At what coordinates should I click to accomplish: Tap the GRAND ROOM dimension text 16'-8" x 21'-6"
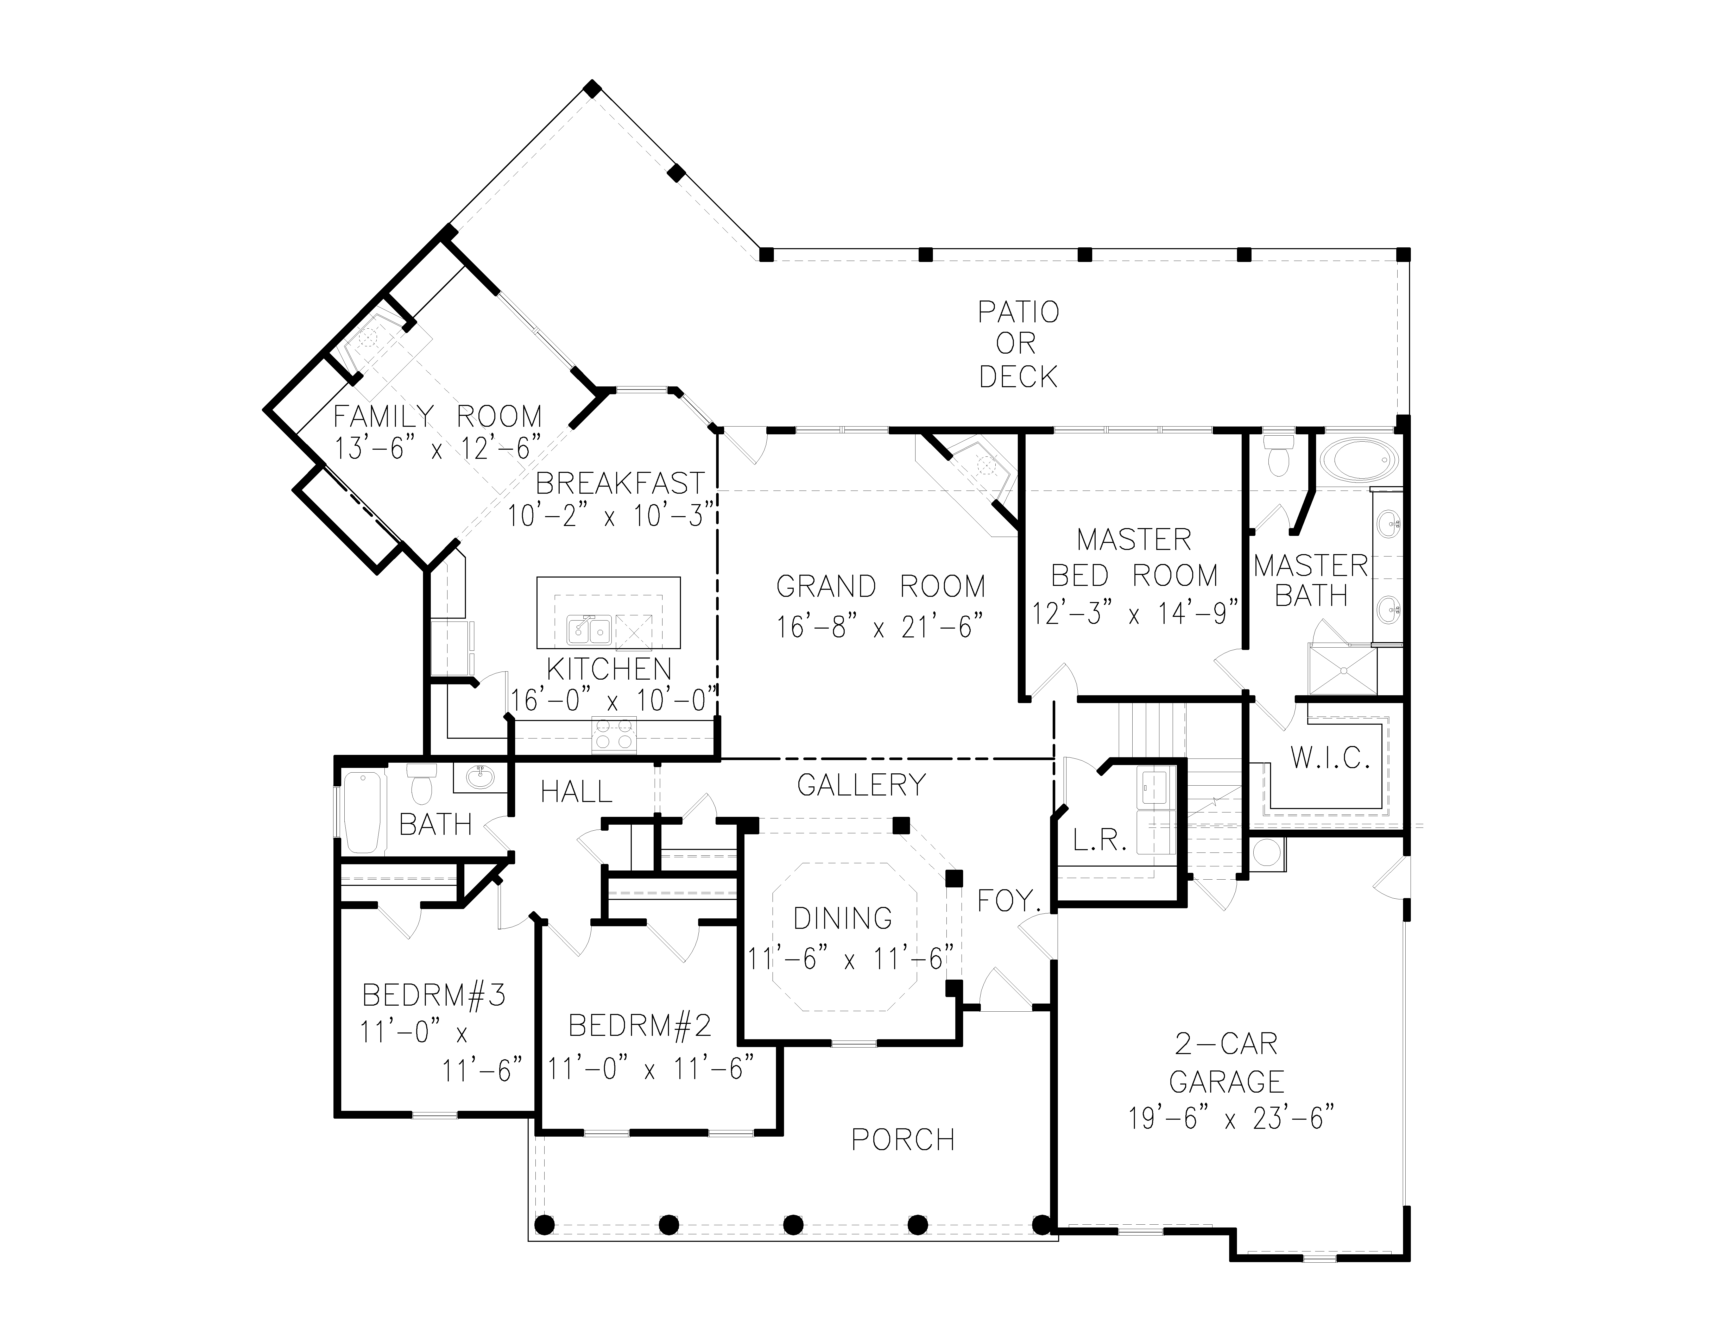(x=880, y=627)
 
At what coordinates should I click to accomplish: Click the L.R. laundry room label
(x=1101, y=841)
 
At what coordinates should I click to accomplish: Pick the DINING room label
(x=843, y=918)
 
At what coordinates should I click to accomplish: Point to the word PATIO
(x=1018, y=312)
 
